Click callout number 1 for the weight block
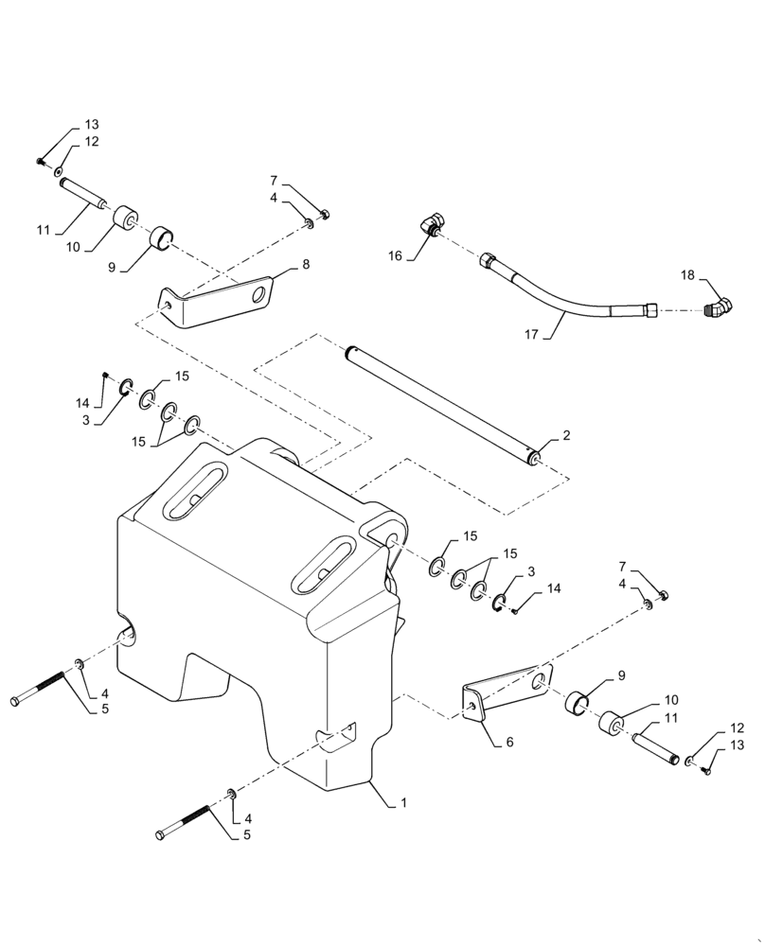click(x=403, y=803)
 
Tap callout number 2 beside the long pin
click(x=566, y=436)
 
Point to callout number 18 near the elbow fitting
click(x=688, y=275)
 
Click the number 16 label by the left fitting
click(x=395, y=255)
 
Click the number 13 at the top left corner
click(x=92, y=125)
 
